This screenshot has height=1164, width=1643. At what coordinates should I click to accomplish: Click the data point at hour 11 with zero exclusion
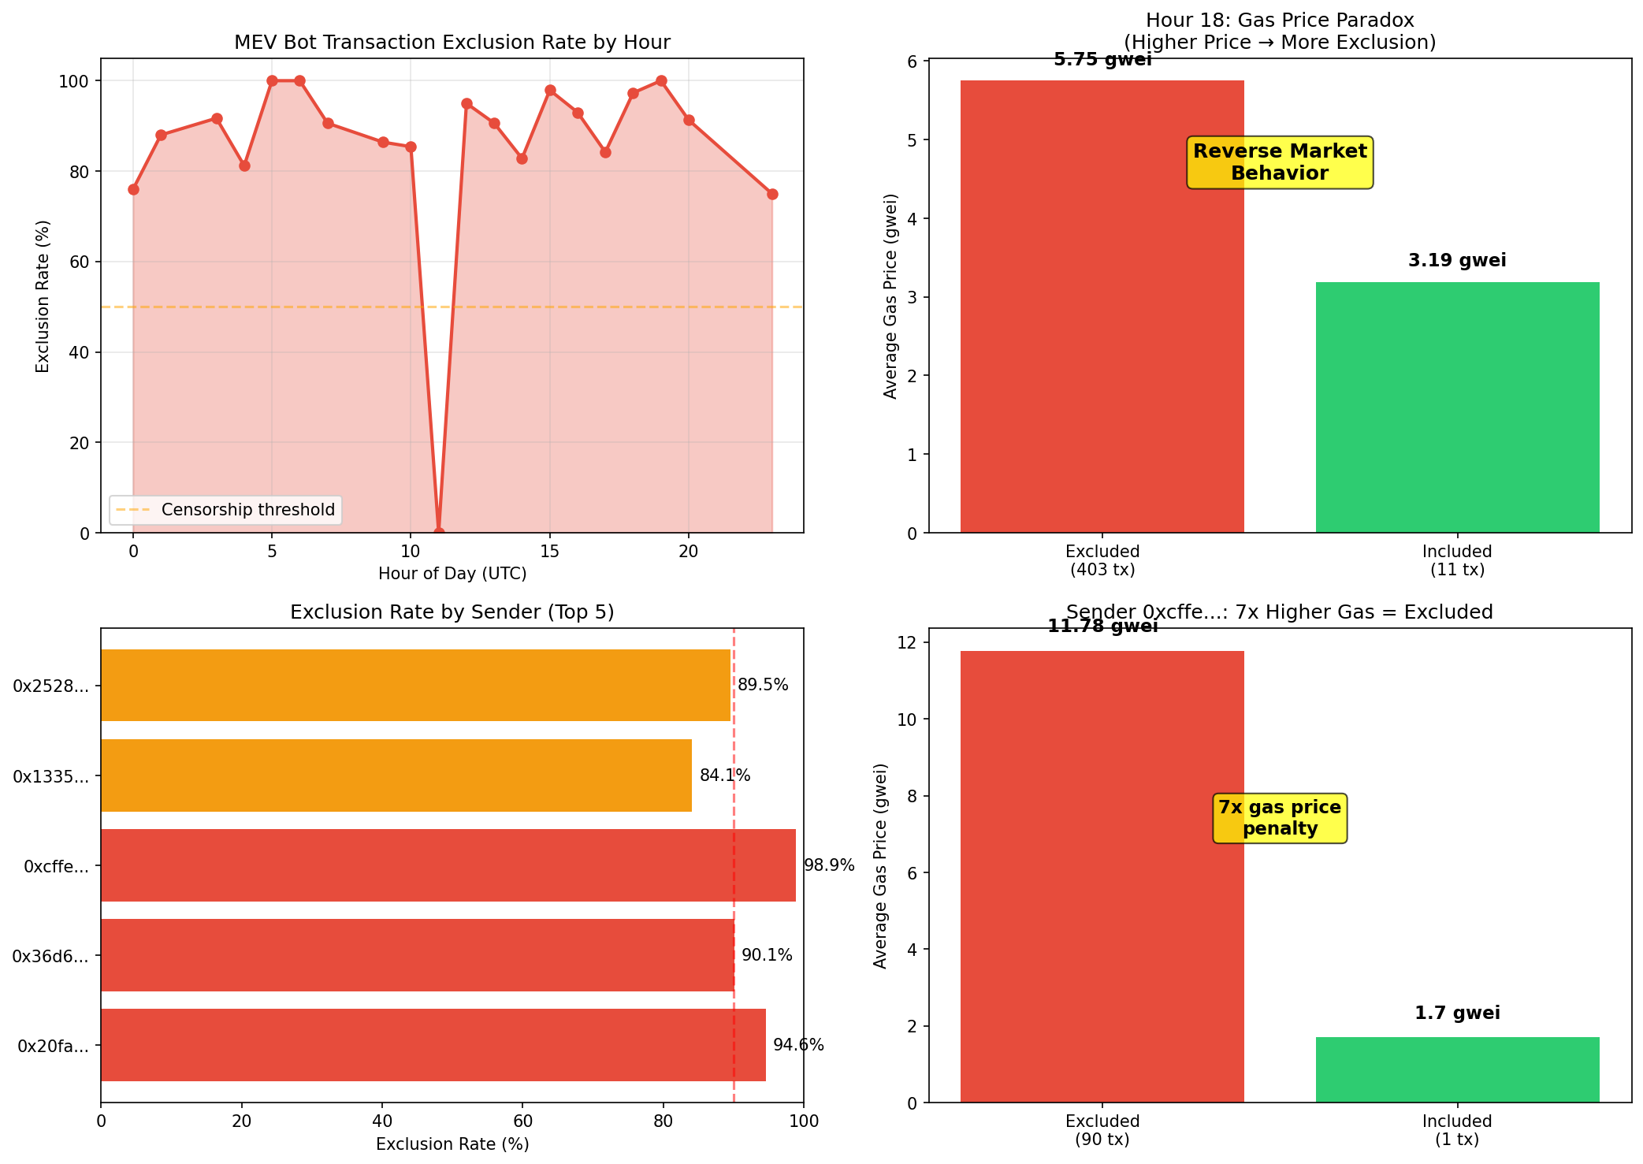coord(439,533)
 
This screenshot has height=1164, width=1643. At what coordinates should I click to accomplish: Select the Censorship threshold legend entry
coord(225,510)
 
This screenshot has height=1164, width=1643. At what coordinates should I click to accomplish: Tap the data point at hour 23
coord(772,194)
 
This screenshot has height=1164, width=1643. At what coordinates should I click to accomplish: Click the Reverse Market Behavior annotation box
coord(1280,162)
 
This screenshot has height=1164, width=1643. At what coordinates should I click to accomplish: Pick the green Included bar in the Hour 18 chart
coord(1457,407)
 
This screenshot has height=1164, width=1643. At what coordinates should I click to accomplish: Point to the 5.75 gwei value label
coord(1102,60)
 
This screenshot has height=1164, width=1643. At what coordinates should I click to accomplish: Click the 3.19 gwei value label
coord(1457,261)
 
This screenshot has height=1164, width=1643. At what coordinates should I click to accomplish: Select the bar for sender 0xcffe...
coord(448,865)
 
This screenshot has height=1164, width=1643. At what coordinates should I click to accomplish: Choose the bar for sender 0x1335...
coord(396,775)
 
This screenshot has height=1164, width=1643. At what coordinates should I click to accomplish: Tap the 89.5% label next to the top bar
coord(763,685)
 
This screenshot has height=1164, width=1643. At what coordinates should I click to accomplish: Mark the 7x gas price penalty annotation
coord(1280,818)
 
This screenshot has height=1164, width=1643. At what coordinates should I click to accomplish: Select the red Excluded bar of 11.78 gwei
coord(1102,876)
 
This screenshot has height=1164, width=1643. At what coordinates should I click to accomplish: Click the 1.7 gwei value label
coord(1457,1013)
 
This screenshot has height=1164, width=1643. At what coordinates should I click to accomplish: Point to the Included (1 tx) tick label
coord(1457,1130)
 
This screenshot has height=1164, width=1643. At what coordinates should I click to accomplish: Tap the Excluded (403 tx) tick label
coord(1102,560)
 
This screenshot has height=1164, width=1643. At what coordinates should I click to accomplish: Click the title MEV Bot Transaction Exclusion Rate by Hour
coord(452,43)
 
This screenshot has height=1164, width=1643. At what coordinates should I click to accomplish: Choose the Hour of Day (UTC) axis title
coord(452,574)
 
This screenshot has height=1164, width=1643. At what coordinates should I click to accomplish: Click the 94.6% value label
coord(798,1045)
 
